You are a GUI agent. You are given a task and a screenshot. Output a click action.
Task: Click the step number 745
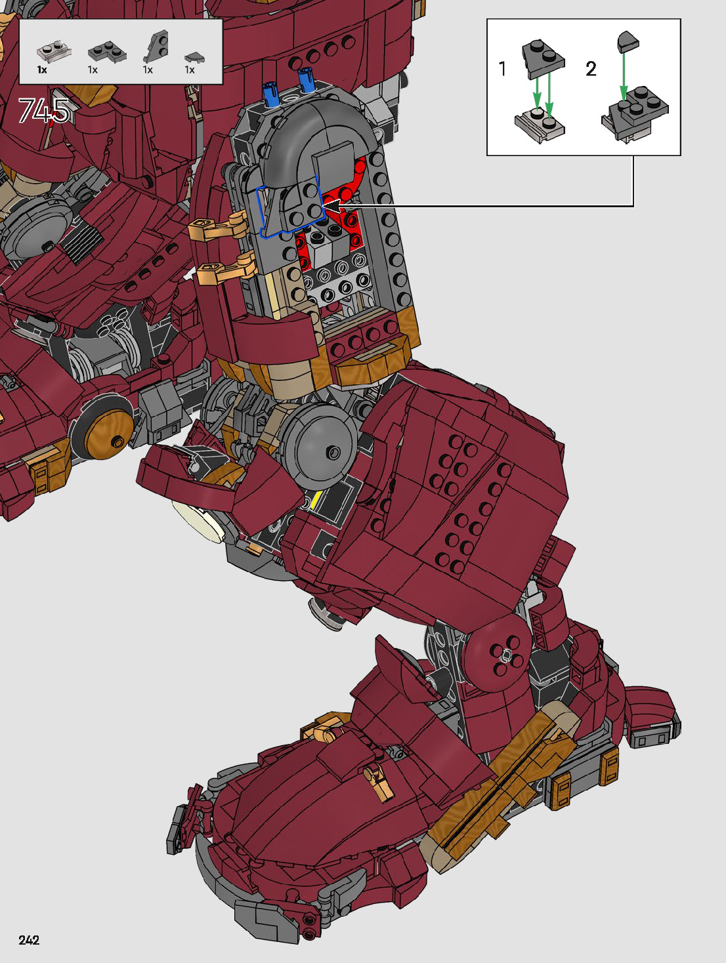coord(44,111)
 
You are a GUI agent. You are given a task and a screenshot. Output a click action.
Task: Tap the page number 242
coord(29,940)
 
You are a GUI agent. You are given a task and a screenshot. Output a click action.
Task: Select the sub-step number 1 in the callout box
coord(502,69)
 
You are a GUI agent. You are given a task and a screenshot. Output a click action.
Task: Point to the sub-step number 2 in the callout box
coord(591,70)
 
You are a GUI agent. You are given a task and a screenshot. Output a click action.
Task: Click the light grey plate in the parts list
coord(54,51)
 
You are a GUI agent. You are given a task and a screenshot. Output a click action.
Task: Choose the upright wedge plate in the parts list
coord(156,46)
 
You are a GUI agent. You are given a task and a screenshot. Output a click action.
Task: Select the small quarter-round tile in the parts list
coord(194,56)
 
